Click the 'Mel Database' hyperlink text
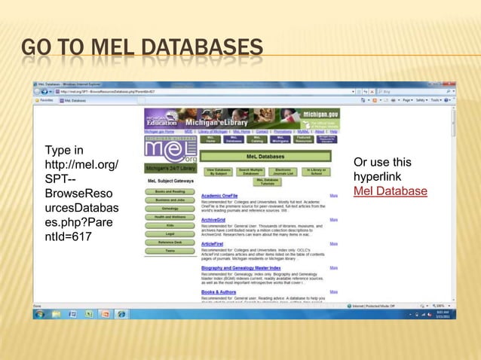pyautogui.click(x=390, y=191)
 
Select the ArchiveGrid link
pyautogui.click(x=214, y=220)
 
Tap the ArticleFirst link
pyautogui.click(x=214, y=244)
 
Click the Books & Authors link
pyautogui.click(x=219, y=291)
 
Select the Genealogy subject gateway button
pyautogui.click(x=170, y=208)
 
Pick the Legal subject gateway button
pyautogui.click(x=170, y=233)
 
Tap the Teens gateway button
pyautogui.click(x=170, y=251)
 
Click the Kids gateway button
pyautogui.click(x=170, y=225)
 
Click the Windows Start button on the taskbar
pyautogui.click(x=38, y=314)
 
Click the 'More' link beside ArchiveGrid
pyautogui.click(x=333, y=220)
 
